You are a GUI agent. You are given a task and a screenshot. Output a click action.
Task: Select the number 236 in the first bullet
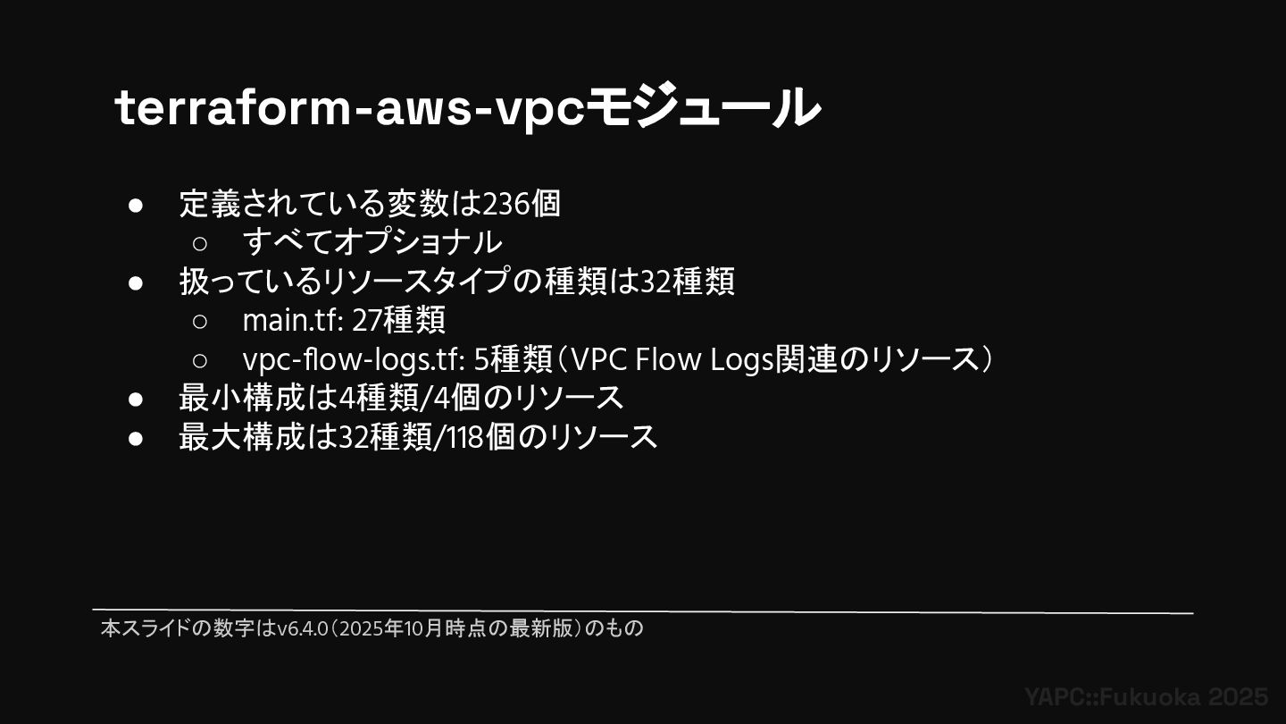(x=505, y=204)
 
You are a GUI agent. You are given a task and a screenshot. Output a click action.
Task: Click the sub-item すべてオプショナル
(x=372, y=242)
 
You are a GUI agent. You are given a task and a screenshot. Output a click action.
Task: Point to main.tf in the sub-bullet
(x=291, y=320)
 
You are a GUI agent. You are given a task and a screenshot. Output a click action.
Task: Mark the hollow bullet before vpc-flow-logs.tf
(x=200, y=360)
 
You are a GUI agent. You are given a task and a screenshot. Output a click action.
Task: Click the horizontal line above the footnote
(x=642, y=612)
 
